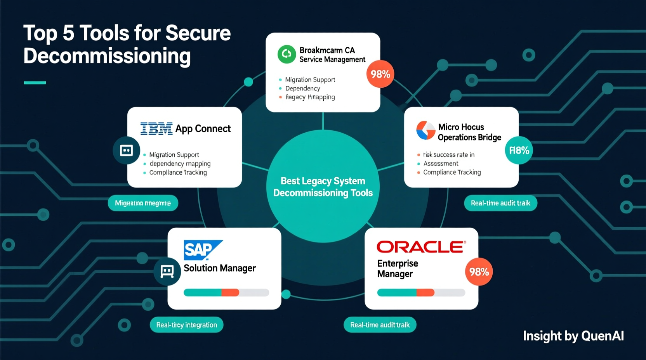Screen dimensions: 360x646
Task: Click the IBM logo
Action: pos(156,128)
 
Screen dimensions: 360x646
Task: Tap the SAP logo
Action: pos(202,249)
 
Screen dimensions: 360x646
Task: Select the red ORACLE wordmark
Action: pos(421,247)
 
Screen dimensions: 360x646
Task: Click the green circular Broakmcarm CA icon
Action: pos(287,54)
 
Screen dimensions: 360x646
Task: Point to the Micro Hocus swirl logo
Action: pos(425,130)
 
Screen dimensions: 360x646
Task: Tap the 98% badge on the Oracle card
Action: pos(479,272)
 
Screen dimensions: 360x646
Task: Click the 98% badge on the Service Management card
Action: pos(380,74)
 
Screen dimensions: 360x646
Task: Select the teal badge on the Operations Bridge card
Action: pos(519,150)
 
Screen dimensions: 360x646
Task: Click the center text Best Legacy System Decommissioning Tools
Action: pos(323,187)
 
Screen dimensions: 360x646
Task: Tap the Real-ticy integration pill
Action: pos(186,325)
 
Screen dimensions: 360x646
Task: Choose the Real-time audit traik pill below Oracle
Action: pos(380,325)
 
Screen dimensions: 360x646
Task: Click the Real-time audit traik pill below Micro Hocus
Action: pos(500,203)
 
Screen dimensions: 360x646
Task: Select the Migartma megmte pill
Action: pos(143,203)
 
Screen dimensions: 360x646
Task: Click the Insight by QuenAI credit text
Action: pos(573,336)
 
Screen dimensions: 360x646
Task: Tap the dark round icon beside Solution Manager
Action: pos(167,271)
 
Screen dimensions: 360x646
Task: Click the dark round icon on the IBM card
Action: pos(126,150)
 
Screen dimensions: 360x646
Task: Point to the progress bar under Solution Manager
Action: pos(226,292)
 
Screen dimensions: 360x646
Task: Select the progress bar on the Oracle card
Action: pos(421,292)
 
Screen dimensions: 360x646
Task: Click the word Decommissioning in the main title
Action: pos(107,56)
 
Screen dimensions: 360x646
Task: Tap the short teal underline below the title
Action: pos(35,83)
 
